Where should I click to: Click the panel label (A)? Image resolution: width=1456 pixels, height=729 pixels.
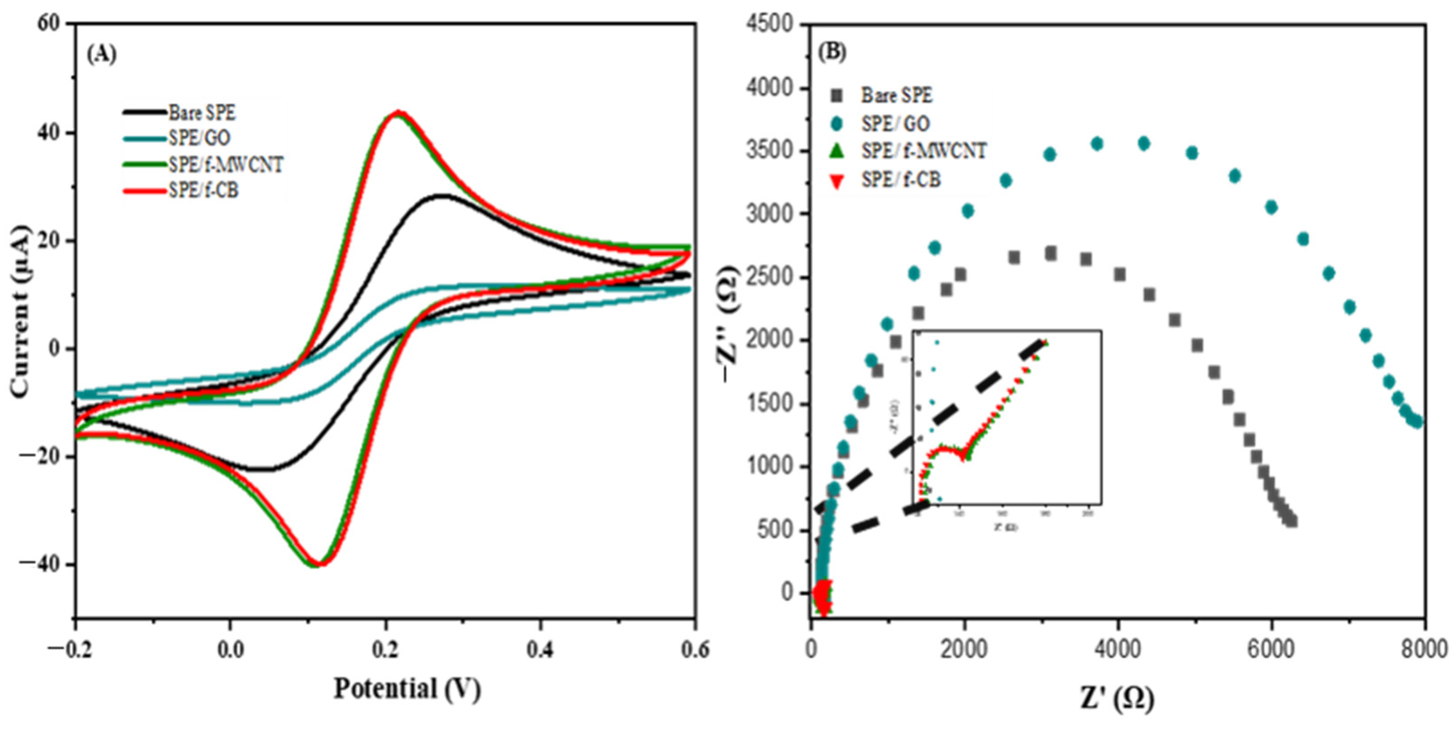pos(102,54)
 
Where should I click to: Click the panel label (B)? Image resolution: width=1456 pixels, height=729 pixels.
pos(833,52)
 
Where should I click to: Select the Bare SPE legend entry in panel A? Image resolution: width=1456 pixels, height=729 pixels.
pos(201,113)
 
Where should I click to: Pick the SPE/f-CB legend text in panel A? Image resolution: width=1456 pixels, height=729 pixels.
pos(203,190)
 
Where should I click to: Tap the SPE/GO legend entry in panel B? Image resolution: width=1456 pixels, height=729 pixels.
pos(895,123)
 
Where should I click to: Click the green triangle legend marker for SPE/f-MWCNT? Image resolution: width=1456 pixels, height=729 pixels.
pos(838,151)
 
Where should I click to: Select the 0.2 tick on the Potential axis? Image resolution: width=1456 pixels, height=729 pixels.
pos(385,649)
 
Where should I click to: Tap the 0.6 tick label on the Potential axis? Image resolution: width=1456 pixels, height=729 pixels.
pos(694,649)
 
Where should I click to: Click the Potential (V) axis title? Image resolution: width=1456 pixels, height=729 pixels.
pos(407,689)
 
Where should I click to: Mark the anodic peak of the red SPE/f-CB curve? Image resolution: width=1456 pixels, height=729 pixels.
pos(399,112)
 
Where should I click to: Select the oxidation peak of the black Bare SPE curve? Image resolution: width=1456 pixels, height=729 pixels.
pos(442,195)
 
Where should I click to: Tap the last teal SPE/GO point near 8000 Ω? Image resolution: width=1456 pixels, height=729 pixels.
pos(1416,422)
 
